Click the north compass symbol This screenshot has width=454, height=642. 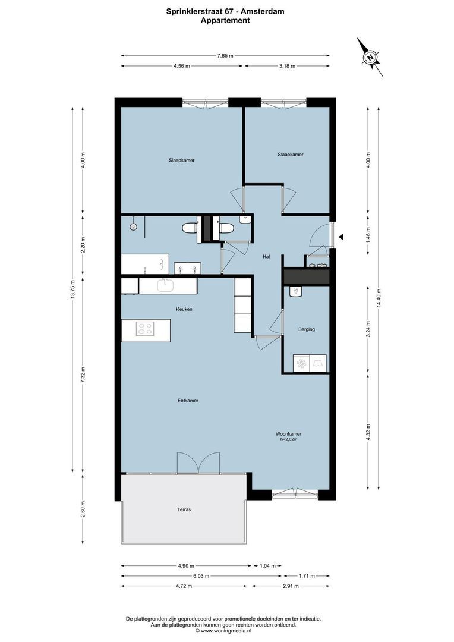click(370, 58)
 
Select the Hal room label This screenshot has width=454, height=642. click(266, 257)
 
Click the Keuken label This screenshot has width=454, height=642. click(184, 309)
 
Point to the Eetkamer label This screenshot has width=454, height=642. click(188, 401)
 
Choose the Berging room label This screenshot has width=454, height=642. click(307, 329)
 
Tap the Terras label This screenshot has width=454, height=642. click(184, 509)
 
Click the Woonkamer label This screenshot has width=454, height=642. click(288, 434)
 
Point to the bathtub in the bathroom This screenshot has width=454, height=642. click(145, 263)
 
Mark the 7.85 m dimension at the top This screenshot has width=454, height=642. click(225, 55)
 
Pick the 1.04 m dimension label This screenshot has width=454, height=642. click(266, 566)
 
